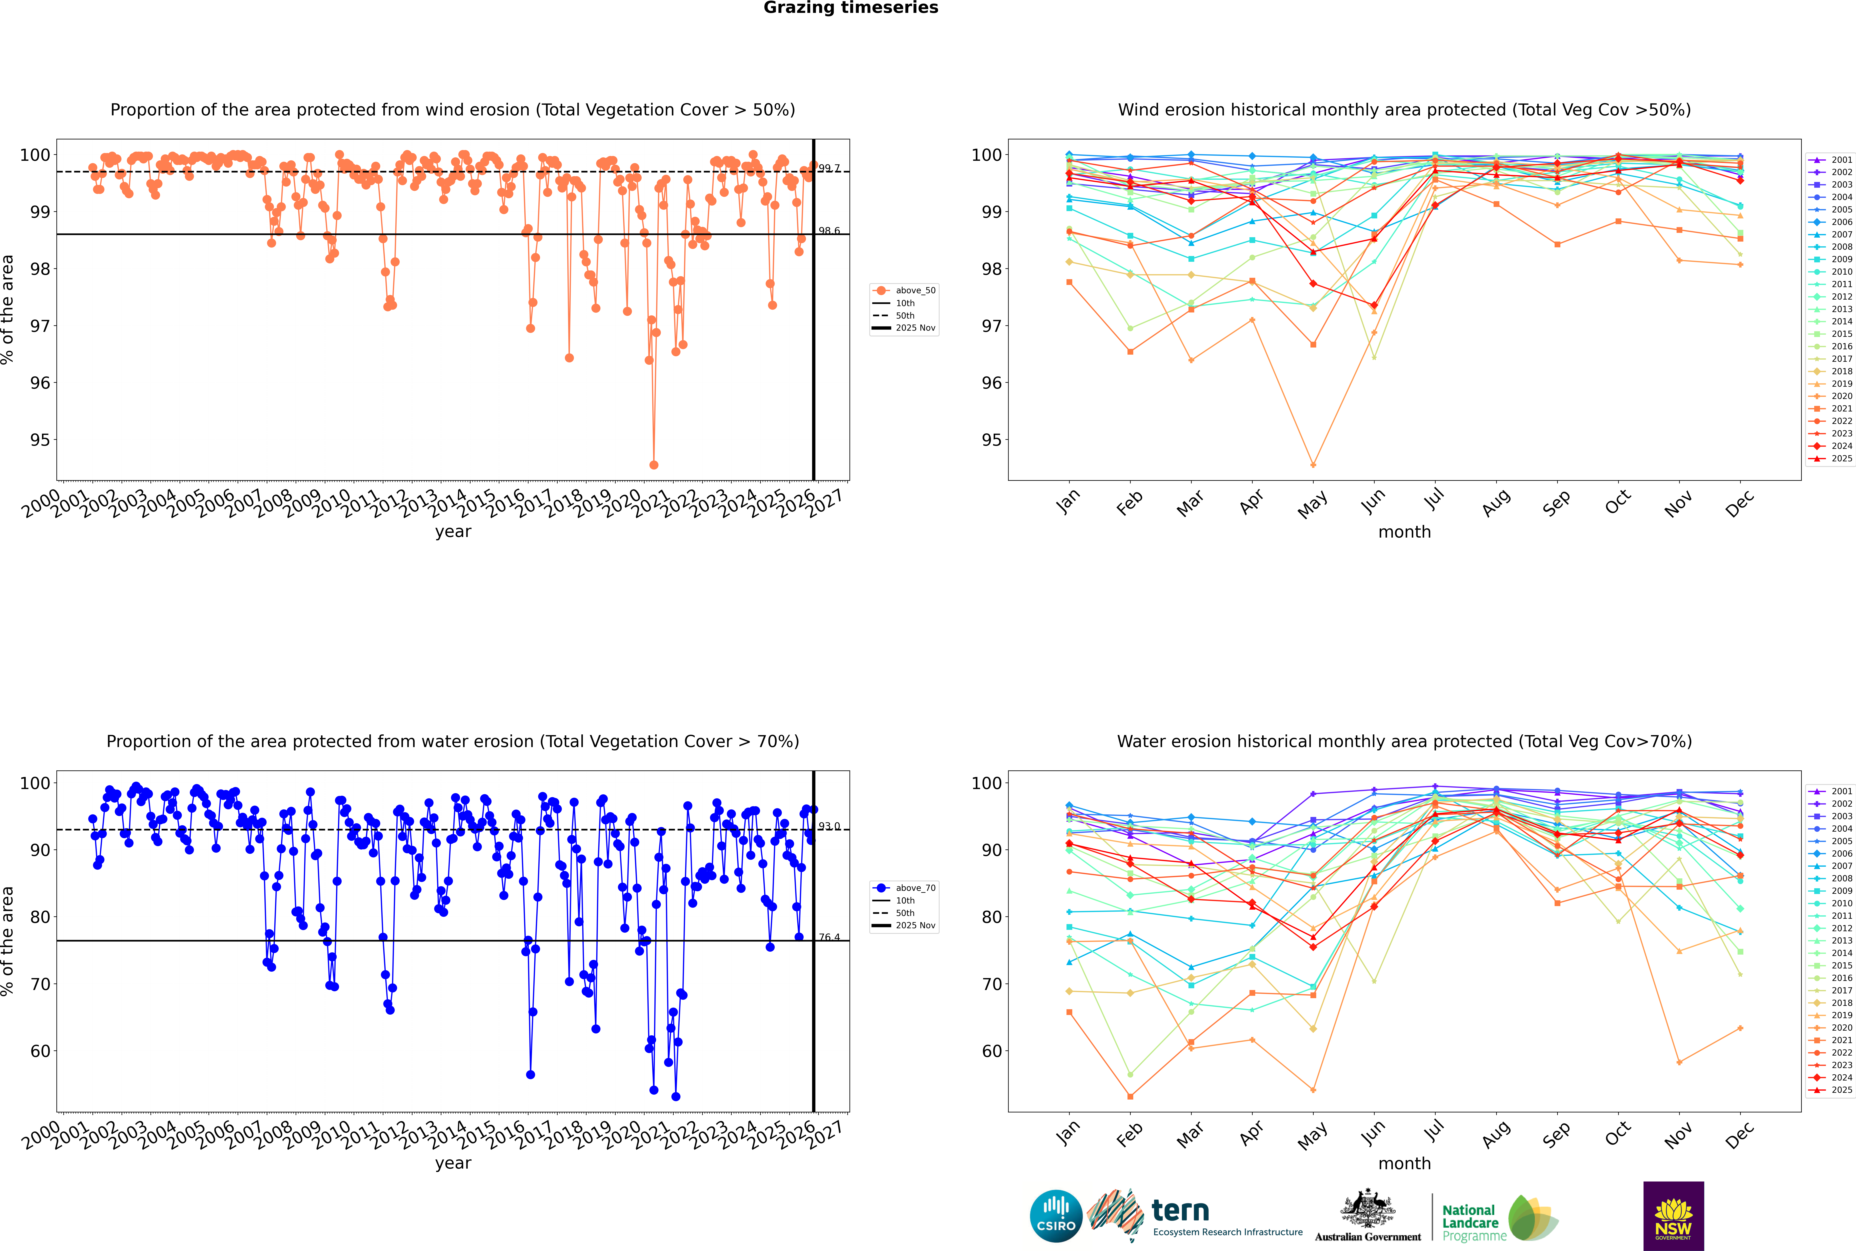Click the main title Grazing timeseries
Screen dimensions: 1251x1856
[851, 8]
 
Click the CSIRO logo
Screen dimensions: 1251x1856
[1056, 1216]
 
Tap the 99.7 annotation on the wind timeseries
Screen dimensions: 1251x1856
[829, 168]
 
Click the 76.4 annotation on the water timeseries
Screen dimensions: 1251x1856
[829, 937]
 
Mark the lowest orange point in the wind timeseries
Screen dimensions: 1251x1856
[653, 464]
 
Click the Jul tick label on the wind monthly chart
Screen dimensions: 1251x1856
[1434, 500]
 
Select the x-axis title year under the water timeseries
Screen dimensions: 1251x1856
[452, 1163]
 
